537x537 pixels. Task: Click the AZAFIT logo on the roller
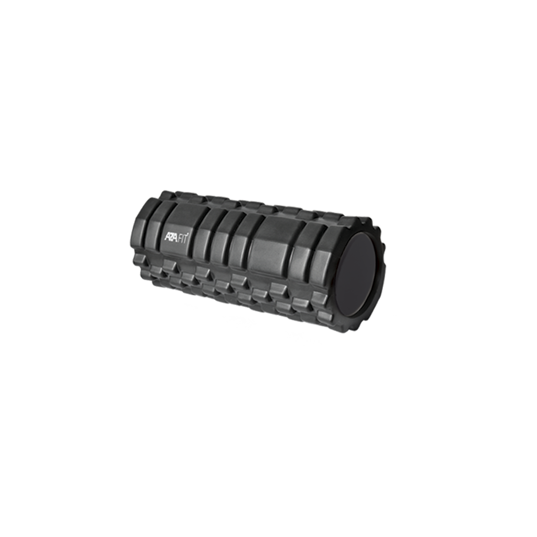[x=176, y=237]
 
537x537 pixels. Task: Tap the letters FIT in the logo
[x=182, y=238]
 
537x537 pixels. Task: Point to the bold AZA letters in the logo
[x=170, y=237]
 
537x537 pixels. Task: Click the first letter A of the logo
[x=167, y=236]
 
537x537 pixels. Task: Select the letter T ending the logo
[x=186, y=239]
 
